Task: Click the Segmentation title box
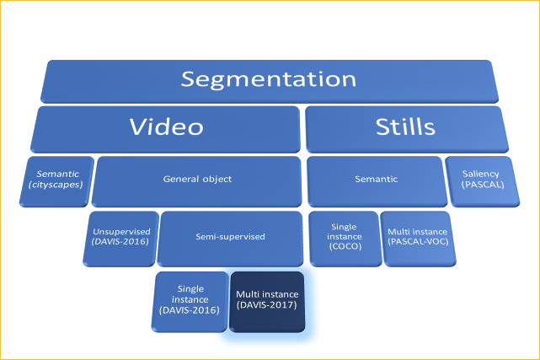[x=269, y=81]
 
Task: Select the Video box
[x=166, y=127]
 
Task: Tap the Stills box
[x=407, y=127]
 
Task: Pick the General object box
[x=197, y=180]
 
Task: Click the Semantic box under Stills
[x=376, y=179]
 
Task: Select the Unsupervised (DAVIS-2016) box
[x=122, y=236]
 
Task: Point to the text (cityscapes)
[x=56, y=185]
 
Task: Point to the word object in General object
[x=217, y=180]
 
